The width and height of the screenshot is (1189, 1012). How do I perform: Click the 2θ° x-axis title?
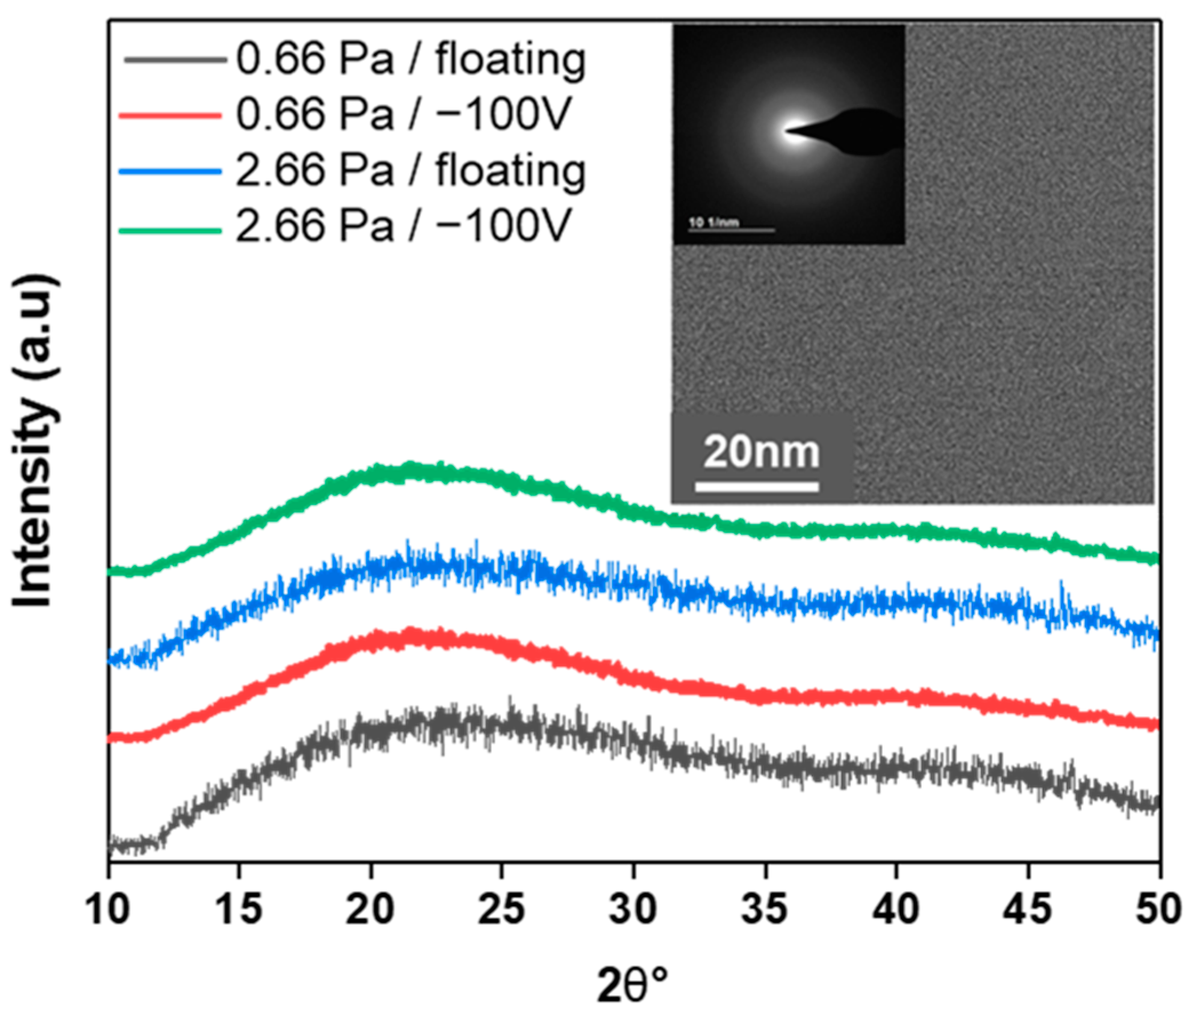tap(633, 986)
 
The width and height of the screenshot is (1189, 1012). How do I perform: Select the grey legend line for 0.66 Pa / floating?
tap(172, 59)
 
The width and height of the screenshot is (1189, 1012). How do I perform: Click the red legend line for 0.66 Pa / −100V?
tap(170, 115)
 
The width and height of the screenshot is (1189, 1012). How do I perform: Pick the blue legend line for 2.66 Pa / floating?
tap(170, 171)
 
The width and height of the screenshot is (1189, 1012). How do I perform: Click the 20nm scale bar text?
tap(762, 453)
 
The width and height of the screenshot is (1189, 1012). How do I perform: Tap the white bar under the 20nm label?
tap(757, 487)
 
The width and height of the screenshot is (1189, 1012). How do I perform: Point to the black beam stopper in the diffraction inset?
tap(861, 132)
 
